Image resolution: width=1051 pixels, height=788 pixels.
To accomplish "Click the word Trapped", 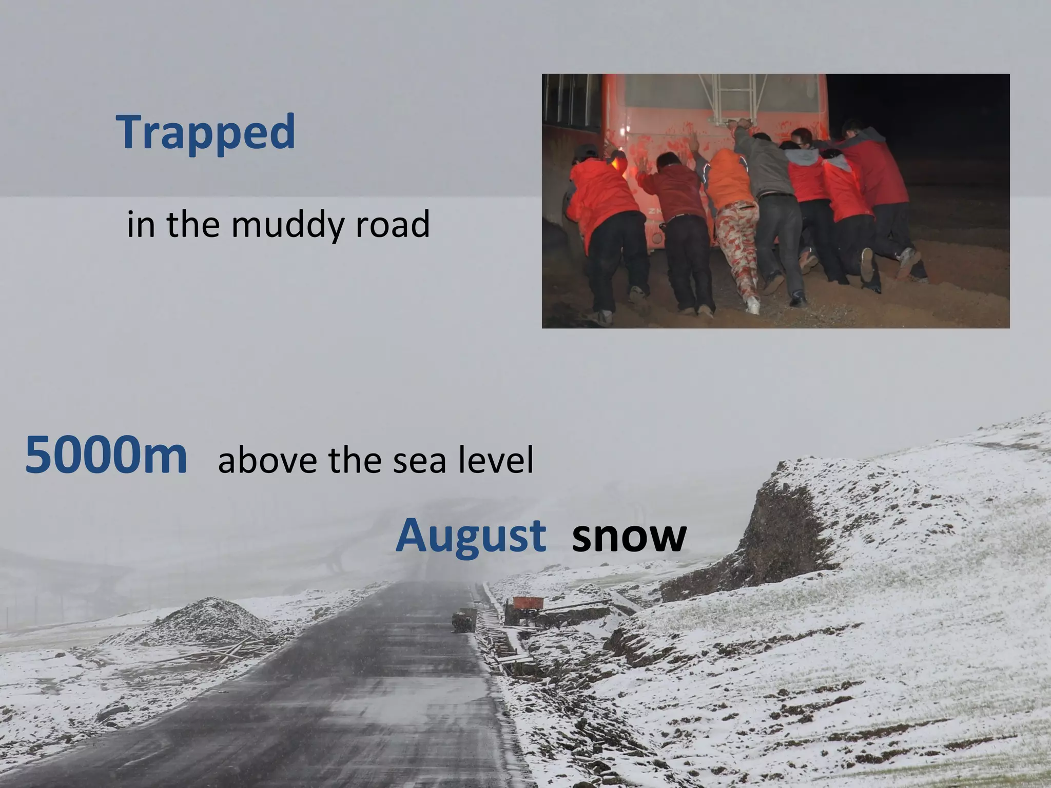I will [x=206, y=132].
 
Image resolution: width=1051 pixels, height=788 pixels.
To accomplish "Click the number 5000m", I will [x=106, y=455].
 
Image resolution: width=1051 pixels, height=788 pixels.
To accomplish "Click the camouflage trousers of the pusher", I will [x=737, y=241].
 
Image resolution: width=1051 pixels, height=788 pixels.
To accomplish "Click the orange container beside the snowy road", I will [x=524, y=603].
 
